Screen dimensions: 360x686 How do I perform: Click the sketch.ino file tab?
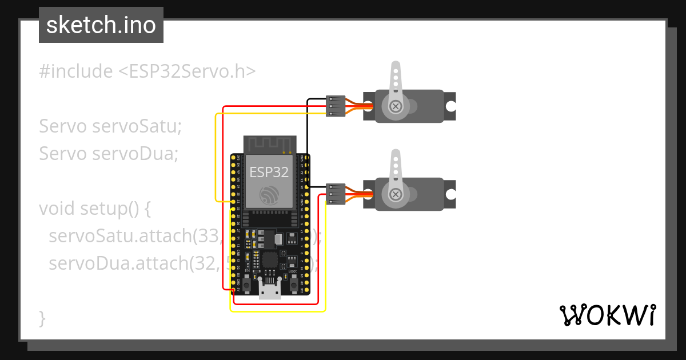[101, 25]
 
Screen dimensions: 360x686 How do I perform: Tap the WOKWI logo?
[607, 315]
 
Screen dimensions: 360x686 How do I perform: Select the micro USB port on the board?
[269, 290]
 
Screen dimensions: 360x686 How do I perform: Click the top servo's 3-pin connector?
[336, 106]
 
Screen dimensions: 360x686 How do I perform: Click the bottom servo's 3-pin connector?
[336, 194]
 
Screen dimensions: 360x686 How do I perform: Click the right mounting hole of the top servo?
[450, 106]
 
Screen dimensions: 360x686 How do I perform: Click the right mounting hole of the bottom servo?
[450, 194]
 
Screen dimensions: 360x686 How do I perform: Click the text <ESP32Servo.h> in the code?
[187, 71]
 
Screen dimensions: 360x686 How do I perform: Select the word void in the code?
[56, 209]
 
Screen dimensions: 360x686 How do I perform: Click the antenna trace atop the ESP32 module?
[269, 145]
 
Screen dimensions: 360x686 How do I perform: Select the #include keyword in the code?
[76, 71]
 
